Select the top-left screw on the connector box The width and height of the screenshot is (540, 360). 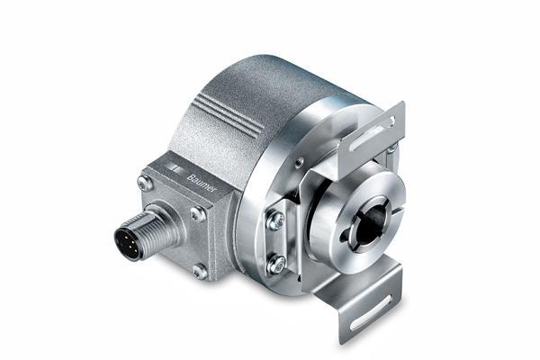click(144, 183)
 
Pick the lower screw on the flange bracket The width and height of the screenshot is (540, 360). click(277, 264)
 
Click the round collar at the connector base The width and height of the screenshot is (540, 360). click(166, 224)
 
